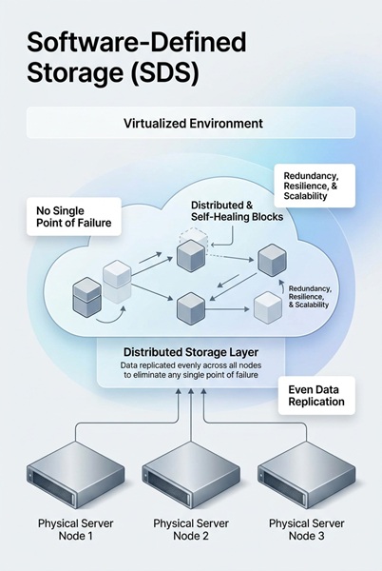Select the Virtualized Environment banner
(191, 123)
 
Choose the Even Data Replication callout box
(315, 395)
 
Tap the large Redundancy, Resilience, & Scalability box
(313, 185)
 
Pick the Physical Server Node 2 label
(190, 530)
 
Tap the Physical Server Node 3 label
(306, 530)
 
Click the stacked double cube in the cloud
(86, 297)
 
